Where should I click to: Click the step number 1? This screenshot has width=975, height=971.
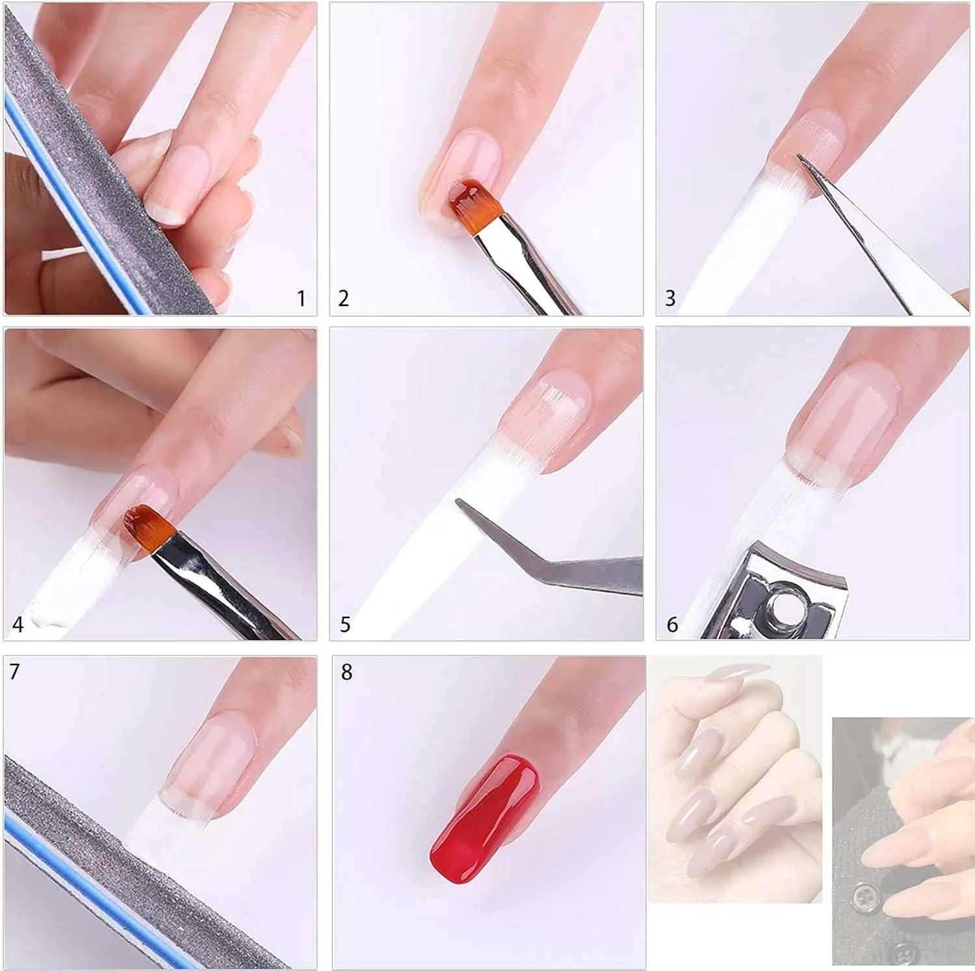(x=301, y=299)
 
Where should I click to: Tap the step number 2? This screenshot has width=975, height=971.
(x=344, y=299)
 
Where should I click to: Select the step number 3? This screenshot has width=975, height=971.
(x=670, y=299)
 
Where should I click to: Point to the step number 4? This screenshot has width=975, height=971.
(x=18, y=625)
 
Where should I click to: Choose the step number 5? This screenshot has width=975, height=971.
(x=345, y=625)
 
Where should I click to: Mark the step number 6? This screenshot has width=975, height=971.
(x=672, y=625)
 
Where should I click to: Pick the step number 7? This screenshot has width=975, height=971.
(x=14, y=672)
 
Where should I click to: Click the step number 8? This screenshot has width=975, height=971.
(x=346, y=672)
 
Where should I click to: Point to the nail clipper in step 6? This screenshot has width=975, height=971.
(x=773, y=594)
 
